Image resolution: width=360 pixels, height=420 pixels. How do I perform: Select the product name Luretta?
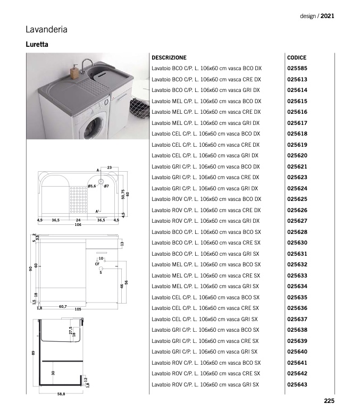pos(37,45)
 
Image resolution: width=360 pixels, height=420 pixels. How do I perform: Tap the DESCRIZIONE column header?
pos(169,57)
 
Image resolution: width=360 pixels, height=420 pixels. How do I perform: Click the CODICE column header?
pos(297,57)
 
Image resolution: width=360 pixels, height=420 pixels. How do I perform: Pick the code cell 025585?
pos(297,69)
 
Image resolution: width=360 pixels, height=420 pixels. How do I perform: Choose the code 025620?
pos(297,156)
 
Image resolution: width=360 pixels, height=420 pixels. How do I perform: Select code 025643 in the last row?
pos(297,384)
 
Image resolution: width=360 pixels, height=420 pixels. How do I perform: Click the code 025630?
pos(297,243)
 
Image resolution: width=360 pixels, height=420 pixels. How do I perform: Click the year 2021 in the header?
pos(327,16)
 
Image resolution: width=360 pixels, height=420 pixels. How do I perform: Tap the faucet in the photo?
pos(85,66)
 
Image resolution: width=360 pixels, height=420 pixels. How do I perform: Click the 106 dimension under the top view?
pos(78,225)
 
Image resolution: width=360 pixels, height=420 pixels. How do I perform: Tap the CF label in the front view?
pos(97,264)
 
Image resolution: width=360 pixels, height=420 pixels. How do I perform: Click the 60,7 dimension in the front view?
pos(62,307)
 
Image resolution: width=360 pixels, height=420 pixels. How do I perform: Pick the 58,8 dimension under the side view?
pos(61,394)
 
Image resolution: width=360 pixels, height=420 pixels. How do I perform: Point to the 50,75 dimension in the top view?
pos(122,194)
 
